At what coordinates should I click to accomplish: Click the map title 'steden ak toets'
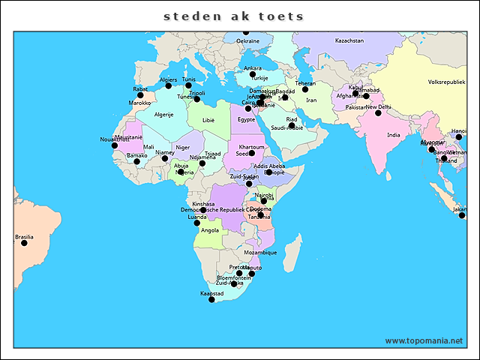tap(234, 16)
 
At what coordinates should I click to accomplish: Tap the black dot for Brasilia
tap(24, 243)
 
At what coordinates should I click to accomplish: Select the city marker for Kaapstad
tap(211, 300)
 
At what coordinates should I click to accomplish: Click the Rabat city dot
tap(140, 95)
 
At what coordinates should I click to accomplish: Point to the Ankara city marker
tap(253, 74)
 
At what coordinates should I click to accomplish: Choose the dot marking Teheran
tap(305, 89)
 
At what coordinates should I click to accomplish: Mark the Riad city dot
tap(292, 125)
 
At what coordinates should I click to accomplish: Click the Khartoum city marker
tap(252, 153)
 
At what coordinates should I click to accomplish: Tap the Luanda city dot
tap(197, 223)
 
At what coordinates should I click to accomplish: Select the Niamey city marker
tap(165, 158)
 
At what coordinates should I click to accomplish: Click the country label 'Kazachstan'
tap(349, 40)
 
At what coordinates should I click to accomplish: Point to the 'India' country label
tap(393, 135)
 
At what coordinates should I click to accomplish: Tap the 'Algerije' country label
tap(163, 115)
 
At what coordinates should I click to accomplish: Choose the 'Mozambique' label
tap(260, 253)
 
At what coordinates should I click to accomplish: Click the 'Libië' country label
tap(208, 119)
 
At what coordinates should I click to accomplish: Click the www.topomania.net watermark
tap(424, 340)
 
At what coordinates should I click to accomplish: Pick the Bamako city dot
tap(136, 161)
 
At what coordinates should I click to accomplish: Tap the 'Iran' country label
tap(310, 100)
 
